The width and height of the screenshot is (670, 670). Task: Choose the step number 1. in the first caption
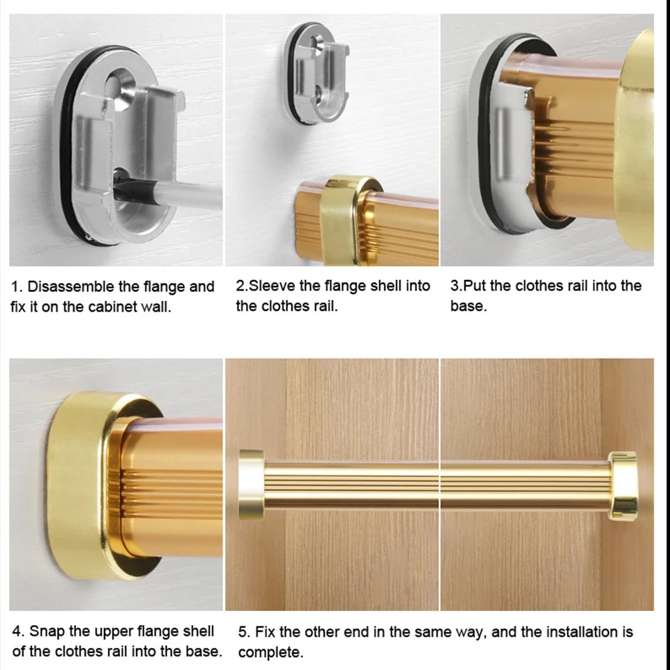(x=17, y=287)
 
